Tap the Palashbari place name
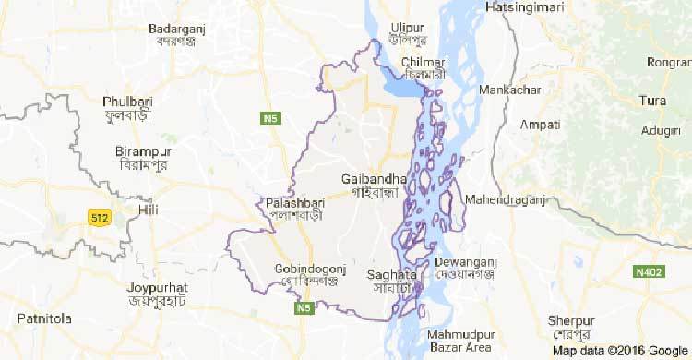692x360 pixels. pyautogui.click(x=292, y=202)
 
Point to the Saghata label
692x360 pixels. pyautogui.click(x=392, y=274)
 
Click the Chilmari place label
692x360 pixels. pyautogui.click(x=424, y=62)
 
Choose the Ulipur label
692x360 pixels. pyautogui.click(x=412, y=29)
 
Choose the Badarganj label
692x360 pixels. pyautogui.click(x=176, y=29)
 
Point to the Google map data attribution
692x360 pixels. pyautogui.click(x=621, y=351)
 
